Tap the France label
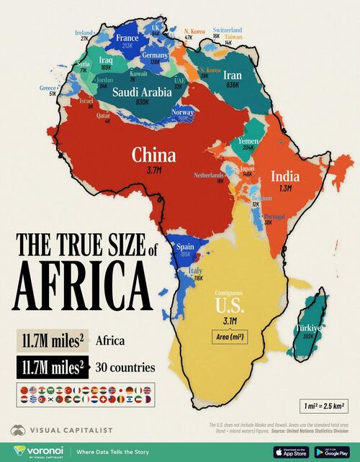(127, 37)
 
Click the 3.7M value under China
(153, 171)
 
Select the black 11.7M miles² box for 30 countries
(52, 368)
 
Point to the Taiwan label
(233, 35)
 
